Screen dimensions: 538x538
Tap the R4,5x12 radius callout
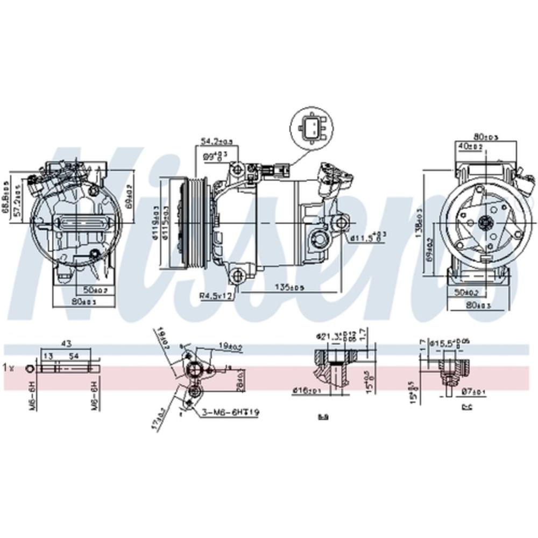tap(215, 295)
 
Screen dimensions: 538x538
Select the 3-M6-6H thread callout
tap(231, 413)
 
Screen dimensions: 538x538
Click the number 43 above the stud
tap(67, 343)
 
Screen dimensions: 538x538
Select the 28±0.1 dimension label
tap(240, 382)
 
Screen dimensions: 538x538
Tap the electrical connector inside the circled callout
tap(310, 129)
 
